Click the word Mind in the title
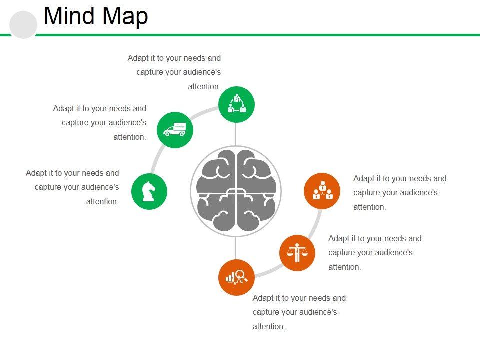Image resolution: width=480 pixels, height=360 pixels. pyautogui.click(x=67, y=16)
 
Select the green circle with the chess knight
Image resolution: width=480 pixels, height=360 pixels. pyautogui.click(x=149, y=191)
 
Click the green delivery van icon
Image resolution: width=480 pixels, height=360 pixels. pyautogui.click(x=175, y=130)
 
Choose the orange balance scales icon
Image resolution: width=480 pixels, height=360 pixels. pyautogui.click(x=297, y=253)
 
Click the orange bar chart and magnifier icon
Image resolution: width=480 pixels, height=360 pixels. pyautogui.click(x=237, y=277)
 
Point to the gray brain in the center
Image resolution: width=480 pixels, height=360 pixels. pyautogui.click(x=236, y=191)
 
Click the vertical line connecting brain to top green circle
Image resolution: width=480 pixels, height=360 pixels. pyautogui.click(x=236, y=134)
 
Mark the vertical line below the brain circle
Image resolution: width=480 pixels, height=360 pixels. pyautogui.click(x=236, y=248)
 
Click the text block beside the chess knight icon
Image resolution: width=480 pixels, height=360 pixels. pyautogui.click(x=73, y=187)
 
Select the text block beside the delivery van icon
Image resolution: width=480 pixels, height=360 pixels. pyautogui.click(x=100, y=123)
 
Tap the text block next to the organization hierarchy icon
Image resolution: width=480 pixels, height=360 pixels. pyautogui.click(x=400, y=192)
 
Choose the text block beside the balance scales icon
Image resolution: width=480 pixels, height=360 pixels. pyautogui.click(x=375, y=252)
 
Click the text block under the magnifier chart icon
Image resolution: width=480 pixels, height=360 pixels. pyautogui.click(x=299, y=312)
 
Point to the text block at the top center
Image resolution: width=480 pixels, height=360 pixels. pyautogui.click(x=174, y=72)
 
